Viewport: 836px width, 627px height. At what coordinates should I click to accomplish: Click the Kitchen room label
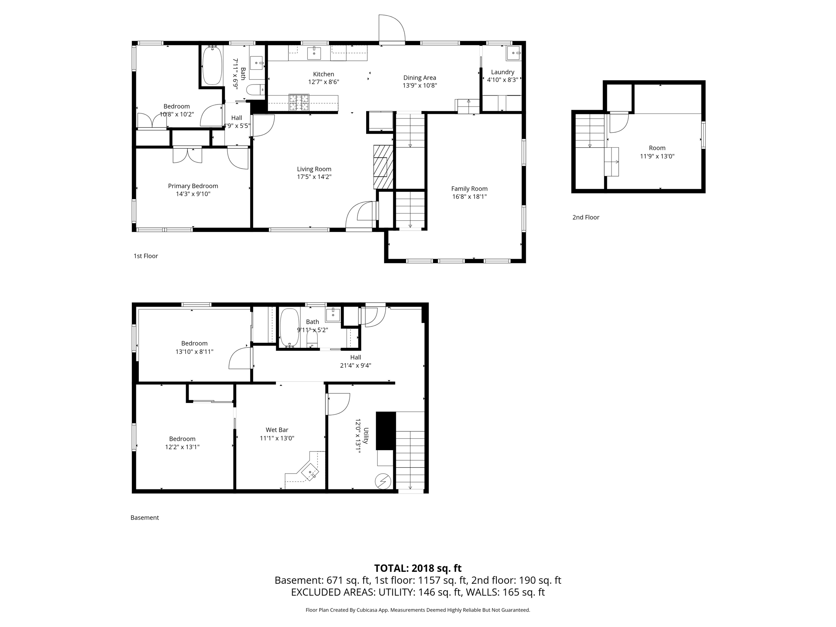click(x=323, y=74)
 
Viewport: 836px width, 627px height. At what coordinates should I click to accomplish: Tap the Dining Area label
click(x=419, y=78)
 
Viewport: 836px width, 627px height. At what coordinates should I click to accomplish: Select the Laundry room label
click(x=502, y=72)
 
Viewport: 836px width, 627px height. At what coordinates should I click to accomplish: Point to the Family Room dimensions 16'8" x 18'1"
click(x=469, y=196)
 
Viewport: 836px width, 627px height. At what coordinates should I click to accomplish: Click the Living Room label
click(x=314, y=169)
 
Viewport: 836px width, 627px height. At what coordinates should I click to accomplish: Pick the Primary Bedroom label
click(x=193, y=186)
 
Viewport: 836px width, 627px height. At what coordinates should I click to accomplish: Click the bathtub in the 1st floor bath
click(x=212, y=65)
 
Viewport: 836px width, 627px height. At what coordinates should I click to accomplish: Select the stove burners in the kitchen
click(x=299, y=102)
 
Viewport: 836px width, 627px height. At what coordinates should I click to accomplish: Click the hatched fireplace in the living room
click(x=383, y=167)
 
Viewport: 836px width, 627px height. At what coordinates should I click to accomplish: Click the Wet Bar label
click(x=277, y=430)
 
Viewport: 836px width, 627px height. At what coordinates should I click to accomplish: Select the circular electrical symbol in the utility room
click(x=383, y=481)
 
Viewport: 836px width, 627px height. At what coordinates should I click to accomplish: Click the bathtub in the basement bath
click(x=289, y=327)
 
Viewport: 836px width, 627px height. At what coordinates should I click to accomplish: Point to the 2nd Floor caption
click(x=585, y=218)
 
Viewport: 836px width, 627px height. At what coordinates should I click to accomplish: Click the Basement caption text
click(x=145, y=518)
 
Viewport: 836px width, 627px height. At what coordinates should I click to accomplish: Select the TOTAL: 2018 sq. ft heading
click(x=418, y=568)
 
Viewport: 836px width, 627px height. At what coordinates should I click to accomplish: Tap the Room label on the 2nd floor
click(x=657, y=148)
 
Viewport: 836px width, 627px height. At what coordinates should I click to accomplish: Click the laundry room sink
click(x=514, y=53)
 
